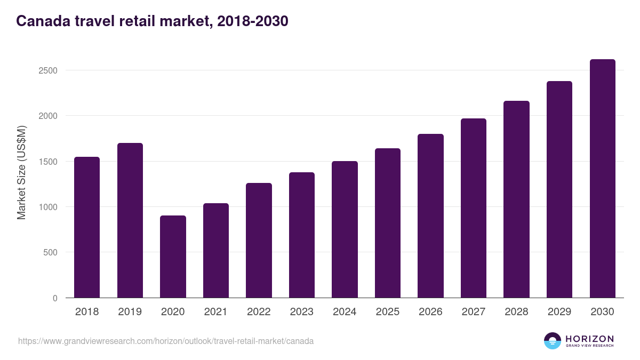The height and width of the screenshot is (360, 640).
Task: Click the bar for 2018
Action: pyautogui.click(x=87, y=227)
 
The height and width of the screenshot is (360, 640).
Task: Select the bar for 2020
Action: pyautogui.click(x=173, y=257)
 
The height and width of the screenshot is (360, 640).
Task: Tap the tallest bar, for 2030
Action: pyautogui.click(x=602, y=179)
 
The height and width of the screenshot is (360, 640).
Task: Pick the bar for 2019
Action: pyautogui.click(x=130, y=220)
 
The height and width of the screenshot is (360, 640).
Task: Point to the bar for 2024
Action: pyautogui.click(x=345, y=229)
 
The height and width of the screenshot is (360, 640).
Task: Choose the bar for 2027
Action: pyautogui.click(x=474, y=208)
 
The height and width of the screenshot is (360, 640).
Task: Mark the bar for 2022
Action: pyautogui.click(x=259, y=240)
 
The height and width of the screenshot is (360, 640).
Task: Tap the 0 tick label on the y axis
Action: pyautogui.click(x=55, y=298)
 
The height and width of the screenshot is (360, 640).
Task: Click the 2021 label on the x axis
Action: pyautogui.click(x=215, y=312)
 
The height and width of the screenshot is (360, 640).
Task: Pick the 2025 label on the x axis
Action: pyautogui.click(x=387, y=312)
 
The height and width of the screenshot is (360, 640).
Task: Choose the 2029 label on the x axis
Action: pyautogui.click(x=559, y=312)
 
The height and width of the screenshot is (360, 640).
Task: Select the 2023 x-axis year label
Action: pyautogui.click(x=301, y=312)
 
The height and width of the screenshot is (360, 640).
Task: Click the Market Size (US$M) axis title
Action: pyautogui.click(x=21, y=173)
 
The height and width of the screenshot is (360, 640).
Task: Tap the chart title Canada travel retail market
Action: pyautogui.click(x=152, y=21)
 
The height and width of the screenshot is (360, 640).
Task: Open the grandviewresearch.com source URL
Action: pyautogui.click(x=166, y=341)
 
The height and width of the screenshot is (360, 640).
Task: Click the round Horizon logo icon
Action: pyautogui.click(x=553, y=341)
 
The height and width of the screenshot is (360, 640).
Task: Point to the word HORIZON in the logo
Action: pyautogui.click(x=589, y=338)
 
